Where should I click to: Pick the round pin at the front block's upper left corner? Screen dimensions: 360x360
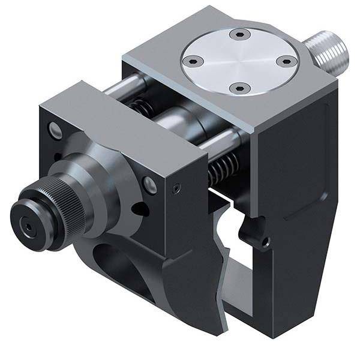coord(56,130)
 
